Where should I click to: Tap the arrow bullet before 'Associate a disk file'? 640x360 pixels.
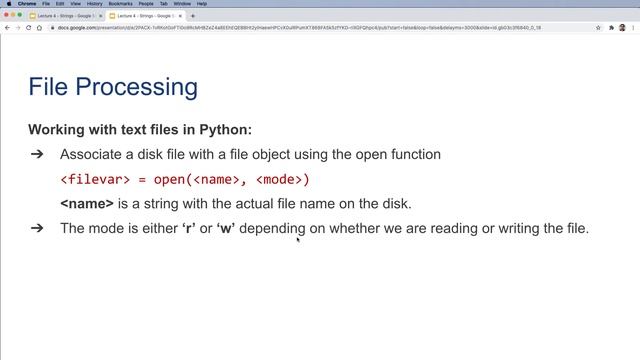tap(37, 155)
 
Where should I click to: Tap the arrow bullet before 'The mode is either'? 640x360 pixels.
tap(37, 228)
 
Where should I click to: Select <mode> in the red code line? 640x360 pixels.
tap(283, 180)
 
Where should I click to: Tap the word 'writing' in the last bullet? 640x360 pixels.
tap(509, 228)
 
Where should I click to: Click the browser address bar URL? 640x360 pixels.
tap(300, 27)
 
